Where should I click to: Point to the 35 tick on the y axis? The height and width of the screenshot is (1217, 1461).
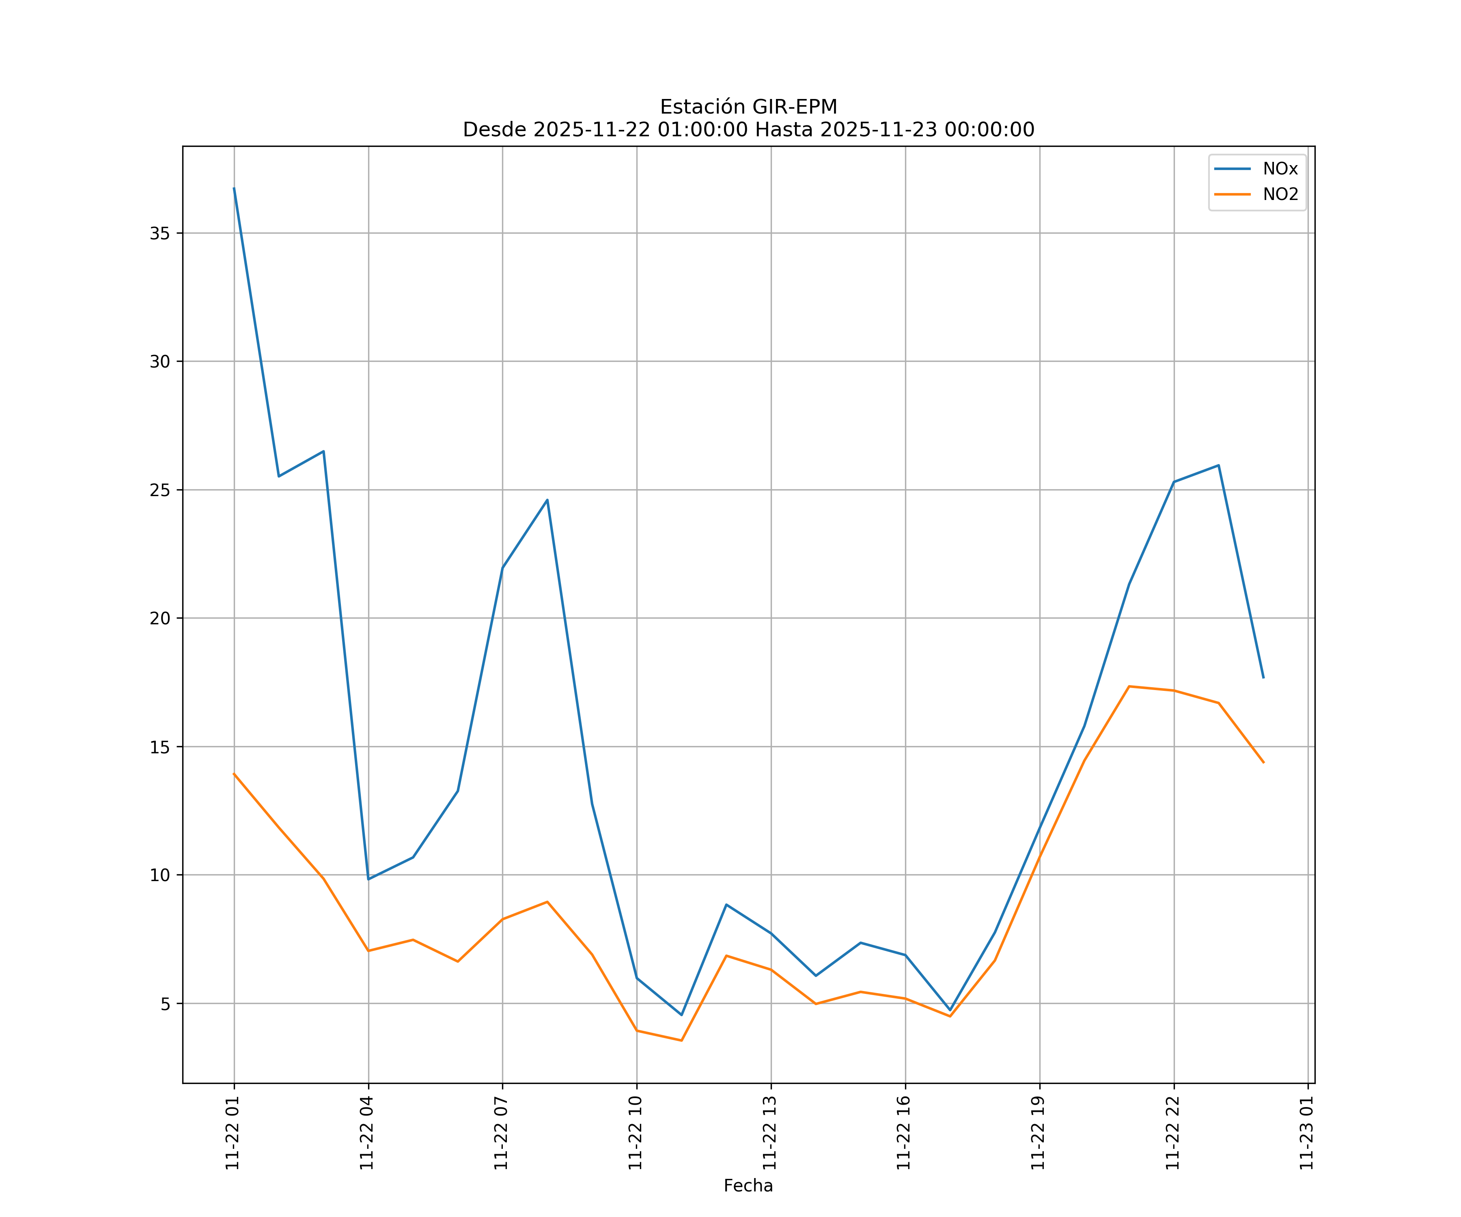(x=160, y=233)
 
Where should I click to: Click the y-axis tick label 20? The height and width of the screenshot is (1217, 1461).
(x=160, y=618)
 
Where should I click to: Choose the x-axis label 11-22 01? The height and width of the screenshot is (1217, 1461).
(x=233, y=1133)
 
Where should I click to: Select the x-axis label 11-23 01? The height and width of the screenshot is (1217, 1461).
(x=1306, y=1133)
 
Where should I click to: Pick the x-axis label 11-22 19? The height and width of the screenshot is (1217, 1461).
(x=1039, y=1133)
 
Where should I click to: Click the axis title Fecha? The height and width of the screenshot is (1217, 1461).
(x=748, y=1186)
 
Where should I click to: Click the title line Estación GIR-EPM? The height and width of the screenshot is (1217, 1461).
(x=748, y=107)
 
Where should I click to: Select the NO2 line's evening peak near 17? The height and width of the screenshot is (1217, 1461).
(x=1129, y=686)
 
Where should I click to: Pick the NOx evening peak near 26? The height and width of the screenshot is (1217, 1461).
(x=1218, y=465)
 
